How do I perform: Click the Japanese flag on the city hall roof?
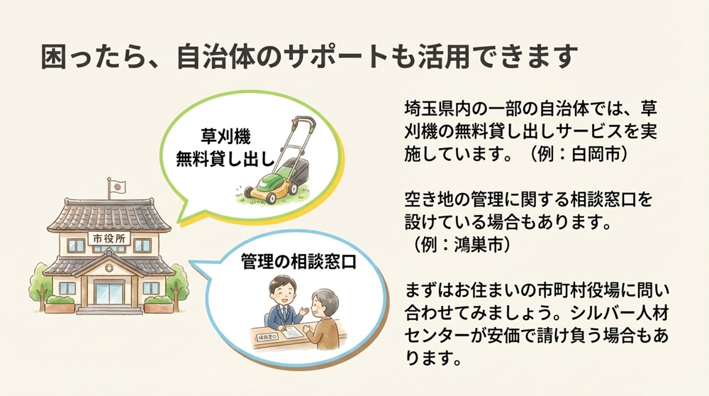[119, 187]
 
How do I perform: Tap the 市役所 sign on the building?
[108, 238]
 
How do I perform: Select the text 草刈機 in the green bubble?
[226, 134]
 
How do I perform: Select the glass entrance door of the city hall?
[108, 292]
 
